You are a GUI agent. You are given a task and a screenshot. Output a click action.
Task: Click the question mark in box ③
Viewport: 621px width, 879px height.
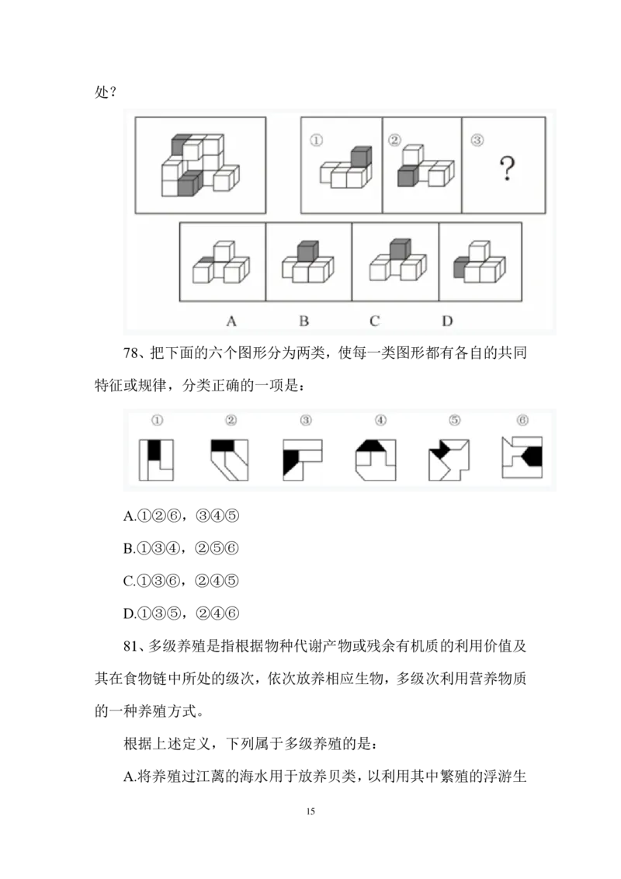pos(507,168)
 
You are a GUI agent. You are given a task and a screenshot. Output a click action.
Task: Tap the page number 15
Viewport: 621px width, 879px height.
pos(310,811)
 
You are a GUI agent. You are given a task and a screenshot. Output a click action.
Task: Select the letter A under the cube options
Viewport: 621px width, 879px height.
pos(231,321)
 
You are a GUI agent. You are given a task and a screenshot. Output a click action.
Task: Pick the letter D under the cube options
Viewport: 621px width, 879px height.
pos(446,321)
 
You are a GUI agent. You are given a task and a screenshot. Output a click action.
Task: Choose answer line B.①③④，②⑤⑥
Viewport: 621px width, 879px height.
pos(181,548)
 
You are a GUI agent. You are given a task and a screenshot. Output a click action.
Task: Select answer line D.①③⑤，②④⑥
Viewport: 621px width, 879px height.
pos(181,613)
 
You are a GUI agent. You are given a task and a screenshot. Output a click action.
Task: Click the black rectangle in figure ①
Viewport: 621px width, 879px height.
pos(154,450)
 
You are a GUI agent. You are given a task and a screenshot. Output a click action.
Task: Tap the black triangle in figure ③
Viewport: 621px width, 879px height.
pos(290,463)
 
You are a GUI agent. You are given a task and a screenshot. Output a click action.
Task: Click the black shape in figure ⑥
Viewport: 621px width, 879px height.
pos(533,457)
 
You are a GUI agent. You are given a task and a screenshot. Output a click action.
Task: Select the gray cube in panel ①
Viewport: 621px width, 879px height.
pos(361,157)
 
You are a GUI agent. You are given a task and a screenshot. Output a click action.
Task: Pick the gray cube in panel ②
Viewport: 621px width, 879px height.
pos(408,176)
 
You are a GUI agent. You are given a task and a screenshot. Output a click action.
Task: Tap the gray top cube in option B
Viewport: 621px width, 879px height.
pos(307,250)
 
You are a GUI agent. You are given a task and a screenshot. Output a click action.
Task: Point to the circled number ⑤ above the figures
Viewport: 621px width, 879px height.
pos(455,420)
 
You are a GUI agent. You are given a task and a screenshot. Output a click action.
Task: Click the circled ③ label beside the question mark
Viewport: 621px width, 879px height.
pos(477,140)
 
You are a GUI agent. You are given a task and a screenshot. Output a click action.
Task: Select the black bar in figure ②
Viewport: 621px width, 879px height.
pos(223,445)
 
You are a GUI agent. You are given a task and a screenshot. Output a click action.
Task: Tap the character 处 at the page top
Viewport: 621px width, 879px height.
pos(101,92)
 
